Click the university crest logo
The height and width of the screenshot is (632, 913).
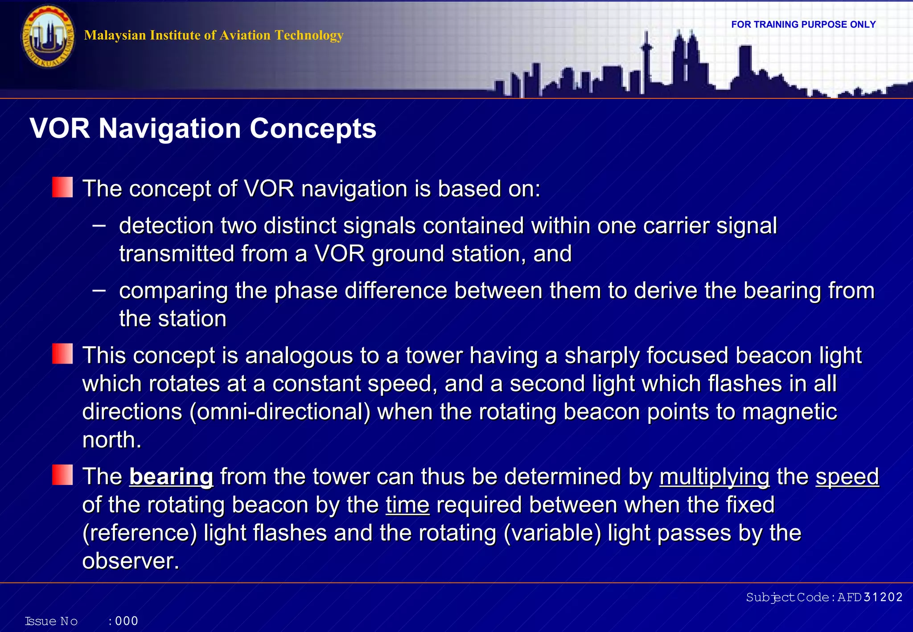(48, 37)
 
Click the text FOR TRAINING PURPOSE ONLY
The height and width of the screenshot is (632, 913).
(803, 25)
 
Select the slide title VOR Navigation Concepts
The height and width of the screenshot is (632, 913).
(203, 128)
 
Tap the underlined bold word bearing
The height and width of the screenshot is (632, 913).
(171, 476)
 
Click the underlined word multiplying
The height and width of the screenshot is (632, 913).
(714, 476)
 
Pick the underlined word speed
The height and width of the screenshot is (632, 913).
(847, 476)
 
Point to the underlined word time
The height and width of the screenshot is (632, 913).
(407, 505)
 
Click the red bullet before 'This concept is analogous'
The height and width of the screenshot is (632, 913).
(62, 354)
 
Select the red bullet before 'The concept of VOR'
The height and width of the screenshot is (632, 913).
(62, 187)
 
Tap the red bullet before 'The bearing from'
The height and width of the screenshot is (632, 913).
(62, 475)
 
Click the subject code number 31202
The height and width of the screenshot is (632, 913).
(883, 597)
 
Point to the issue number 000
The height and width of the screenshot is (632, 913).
(127, 621)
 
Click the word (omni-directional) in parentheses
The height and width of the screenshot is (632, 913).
(280, 411)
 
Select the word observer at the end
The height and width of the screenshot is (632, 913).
(130, 561)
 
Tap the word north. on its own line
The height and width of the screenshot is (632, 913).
(112, 440)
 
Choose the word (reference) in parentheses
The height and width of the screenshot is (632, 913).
(140, 533)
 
